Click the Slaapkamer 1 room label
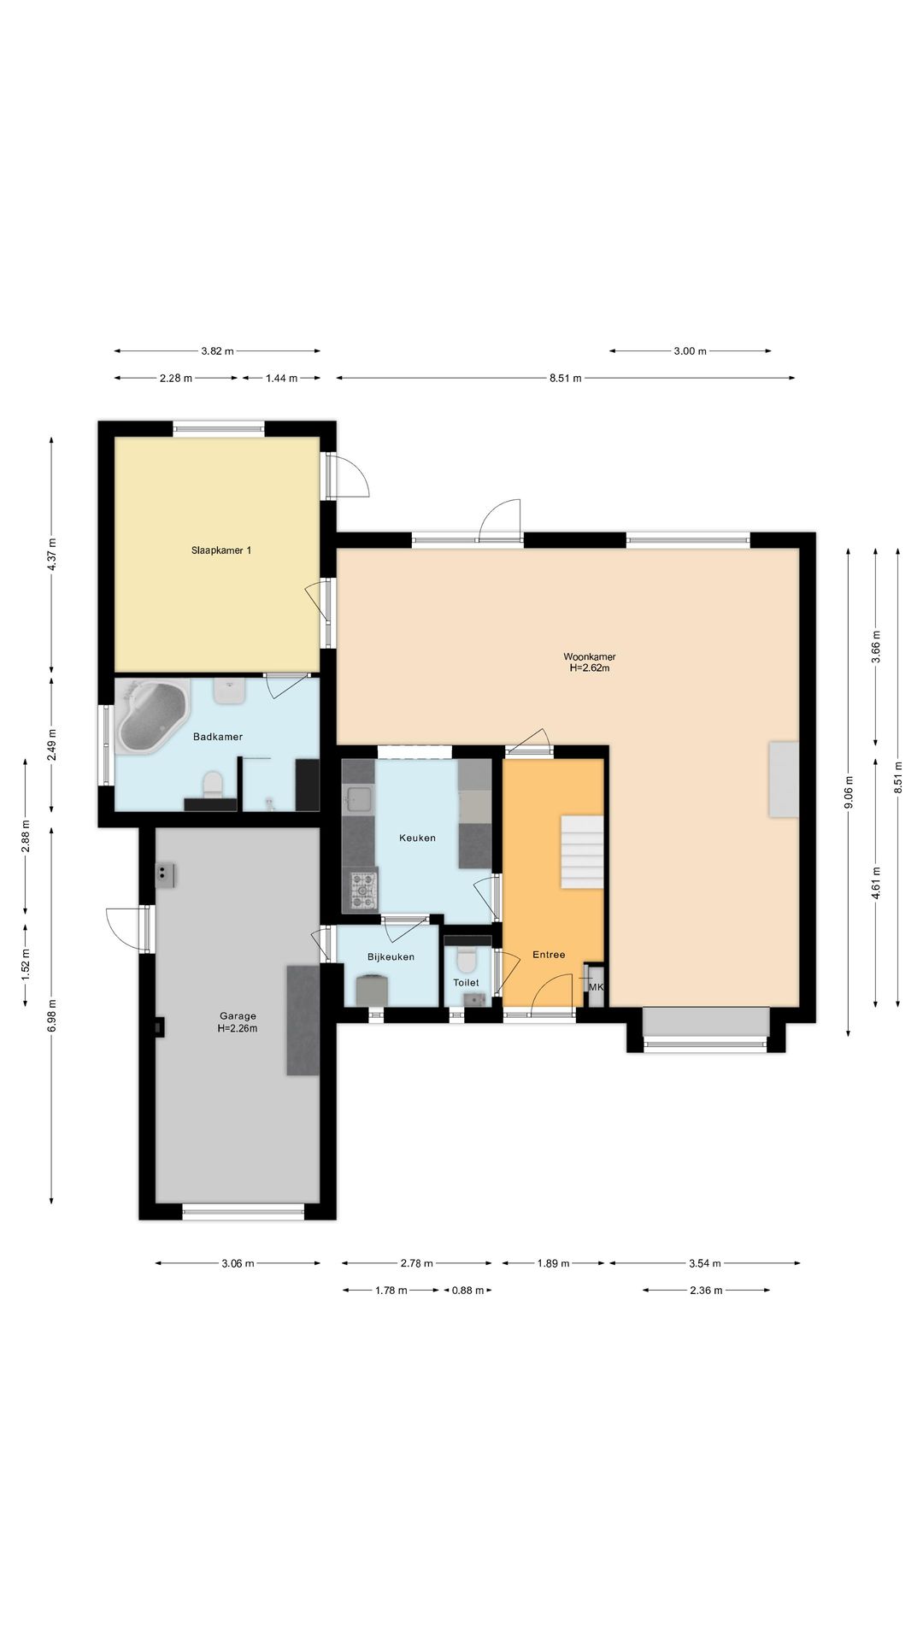pyautogui.click(x=221, y=550)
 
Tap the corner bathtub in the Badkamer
pyautogui.click(x=152, y=716)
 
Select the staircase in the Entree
pyautogui.click(x=583, y=852)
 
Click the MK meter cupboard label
pyautogui.click(x=597, y=987)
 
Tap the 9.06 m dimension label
pyautogui.click(x=849, y=792)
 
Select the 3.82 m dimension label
pyautogui.click(x=217, y=350)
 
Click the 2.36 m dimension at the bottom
pyautogui.click(x=706, y=1290)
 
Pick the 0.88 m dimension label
pyautogui.click(x=467, y=1290)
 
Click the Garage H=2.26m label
pyautogui.click(x=238, y=1022)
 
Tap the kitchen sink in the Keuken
pyautogui.click(x=358, y=801)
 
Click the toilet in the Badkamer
pyautogui.click(x=212, y=784)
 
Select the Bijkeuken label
pyautogui.click(x=391, y=956)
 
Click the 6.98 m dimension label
pyautogui.click(x=52, y=1015)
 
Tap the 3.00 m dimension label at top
pyautogui.click(x=690, y=350)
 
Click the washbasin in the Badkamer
pyautogui.click(x=230, y=691)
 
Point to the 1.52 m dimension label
pyautogui.click(x=26, y=963)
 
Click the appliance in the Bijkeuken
pyautogui.click(x=372, y=991)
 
